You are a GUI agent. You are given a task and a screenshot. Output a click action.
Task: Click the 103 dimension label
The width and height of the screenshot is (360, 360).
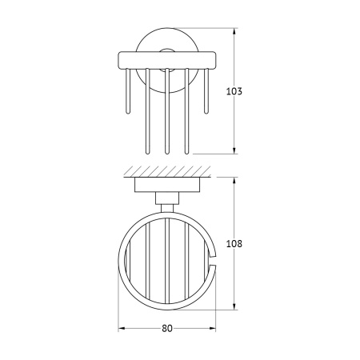[x=234, y=91]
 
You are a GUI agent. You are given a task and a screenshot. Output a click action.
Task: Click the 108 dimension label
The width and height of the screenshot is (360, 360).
[x=234, y=244]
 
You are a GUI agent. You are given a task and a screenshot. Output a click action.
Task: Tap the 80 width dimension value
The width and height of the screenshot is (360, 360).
[x=167, y=328]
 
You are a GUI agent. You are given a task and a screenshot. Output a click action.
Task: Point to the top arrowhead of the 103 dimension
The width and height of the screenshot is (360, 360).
[x=234, y=31]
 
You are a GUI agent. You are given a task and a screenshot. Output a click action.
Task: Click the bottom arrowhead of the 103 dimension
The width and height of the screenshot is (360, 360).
[x=234, y=150]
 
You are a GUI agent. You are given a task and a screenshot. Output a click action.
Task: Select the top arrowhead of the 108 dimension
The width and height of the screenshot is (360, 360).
[x=234, y=181]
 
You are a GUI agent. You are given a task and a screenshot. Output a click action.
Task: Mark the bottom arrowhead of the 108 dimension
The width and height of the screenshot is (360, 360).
[x=234, y=306]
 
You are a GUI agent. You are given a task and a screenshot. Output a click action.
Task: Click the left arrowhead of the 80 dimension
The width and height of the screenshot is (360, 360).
[x=122, y=328]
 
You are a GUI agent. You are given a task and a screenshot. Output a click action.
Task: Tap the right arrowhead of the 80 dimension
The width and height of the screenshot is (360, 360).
[x=212, y=328]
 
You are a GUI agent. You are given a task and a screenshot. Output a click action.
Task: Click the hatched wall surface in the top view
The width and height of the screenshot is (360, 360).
[x=167, y=171]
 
